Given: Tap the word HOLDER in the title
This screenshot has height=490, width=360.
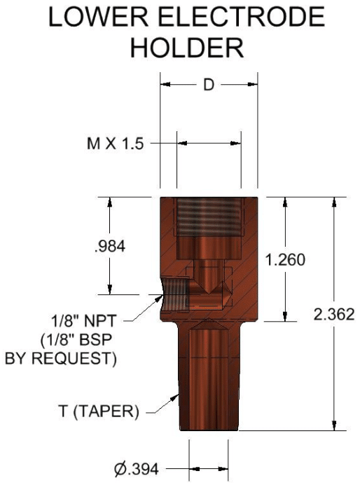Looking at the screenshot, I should click(x=187, y=48).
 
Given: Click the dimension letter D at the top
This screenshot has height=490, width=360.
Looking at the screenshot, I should click(x=208, y=86).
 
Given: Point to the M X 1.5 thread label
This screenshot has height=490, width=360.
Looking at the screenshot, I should click(x=115, y=144).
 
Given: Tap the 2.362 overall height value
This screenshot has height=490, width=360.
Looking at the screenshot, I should click(x=335, y=314).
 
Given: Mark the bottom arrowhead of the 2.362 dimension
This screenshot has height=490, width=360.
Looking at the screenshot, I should click(x=333, y=426).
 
